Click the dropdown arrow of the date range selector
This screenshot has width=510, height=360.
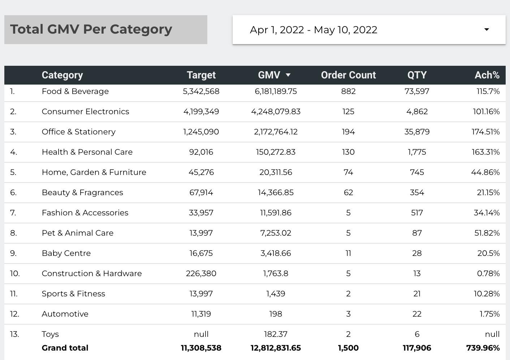487,30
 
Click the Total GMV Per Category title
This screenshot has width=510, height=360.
91,29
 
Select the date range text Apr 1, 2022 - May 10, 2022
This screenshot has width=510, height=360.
314,30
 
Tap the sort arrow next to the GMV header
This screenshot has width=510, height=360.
288,75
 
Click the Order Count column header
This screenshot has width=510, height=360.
348,75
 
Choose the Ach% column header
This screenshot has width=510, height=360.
487,75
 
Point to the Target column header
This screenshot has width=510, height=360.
201,75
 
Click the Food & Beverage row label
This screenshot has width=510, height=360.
75,91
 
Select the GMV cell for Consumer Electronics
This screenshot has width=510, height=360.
276,112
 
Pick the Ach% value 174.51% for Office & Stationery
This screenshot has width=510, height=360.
485,132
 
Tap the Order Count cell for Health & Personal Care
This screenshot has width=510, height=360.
348,152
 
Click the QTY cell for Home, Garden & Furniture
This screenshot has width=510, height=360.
417,172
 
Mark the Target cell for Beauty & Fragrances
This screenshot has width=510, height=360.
201,193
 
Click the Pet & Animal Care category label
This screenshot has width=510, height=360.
78,233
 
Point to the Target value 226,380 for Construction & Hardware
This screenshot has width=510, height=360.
201,274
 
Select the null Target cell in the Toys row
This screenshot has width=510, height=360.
201,334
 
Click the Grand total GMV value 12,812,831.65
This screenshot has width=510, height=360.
276,348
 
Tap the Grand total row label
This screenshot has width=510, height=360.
65,348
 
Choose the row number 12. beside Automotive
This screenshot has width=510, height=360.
14,314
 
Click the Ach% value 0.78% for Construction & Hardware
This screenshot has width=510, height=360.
488,274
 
